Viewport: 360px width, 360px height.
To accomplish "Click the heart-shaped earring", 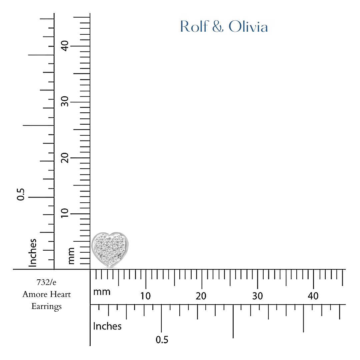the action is tap(110, 250).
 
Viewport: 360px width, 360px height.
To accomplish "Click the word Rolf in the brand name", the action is tap(194, 26).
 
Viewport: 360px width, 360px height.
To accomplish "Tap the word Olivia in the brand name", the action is tap(248, 26).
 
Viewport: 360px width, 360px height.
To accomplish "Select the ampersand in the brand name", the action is tap(218, 26).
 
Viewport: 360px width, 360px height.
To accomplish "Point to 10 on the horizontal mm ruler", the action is tap(146, 296).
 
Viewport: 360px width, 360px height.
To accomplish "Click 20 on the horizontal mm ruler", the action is tap(201, 296).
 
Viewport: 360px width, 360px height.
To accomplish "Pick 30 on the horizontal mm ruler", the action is tap(257, 296).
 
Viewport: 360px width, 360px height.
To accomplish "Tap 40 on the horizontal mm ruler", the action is tap(313, 296).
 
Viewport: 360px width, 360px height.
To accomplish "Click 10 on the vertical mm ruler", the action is tap(65, 213).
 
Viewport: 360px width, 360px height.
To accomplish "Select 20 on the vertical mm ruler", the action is tap(65, 158).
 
